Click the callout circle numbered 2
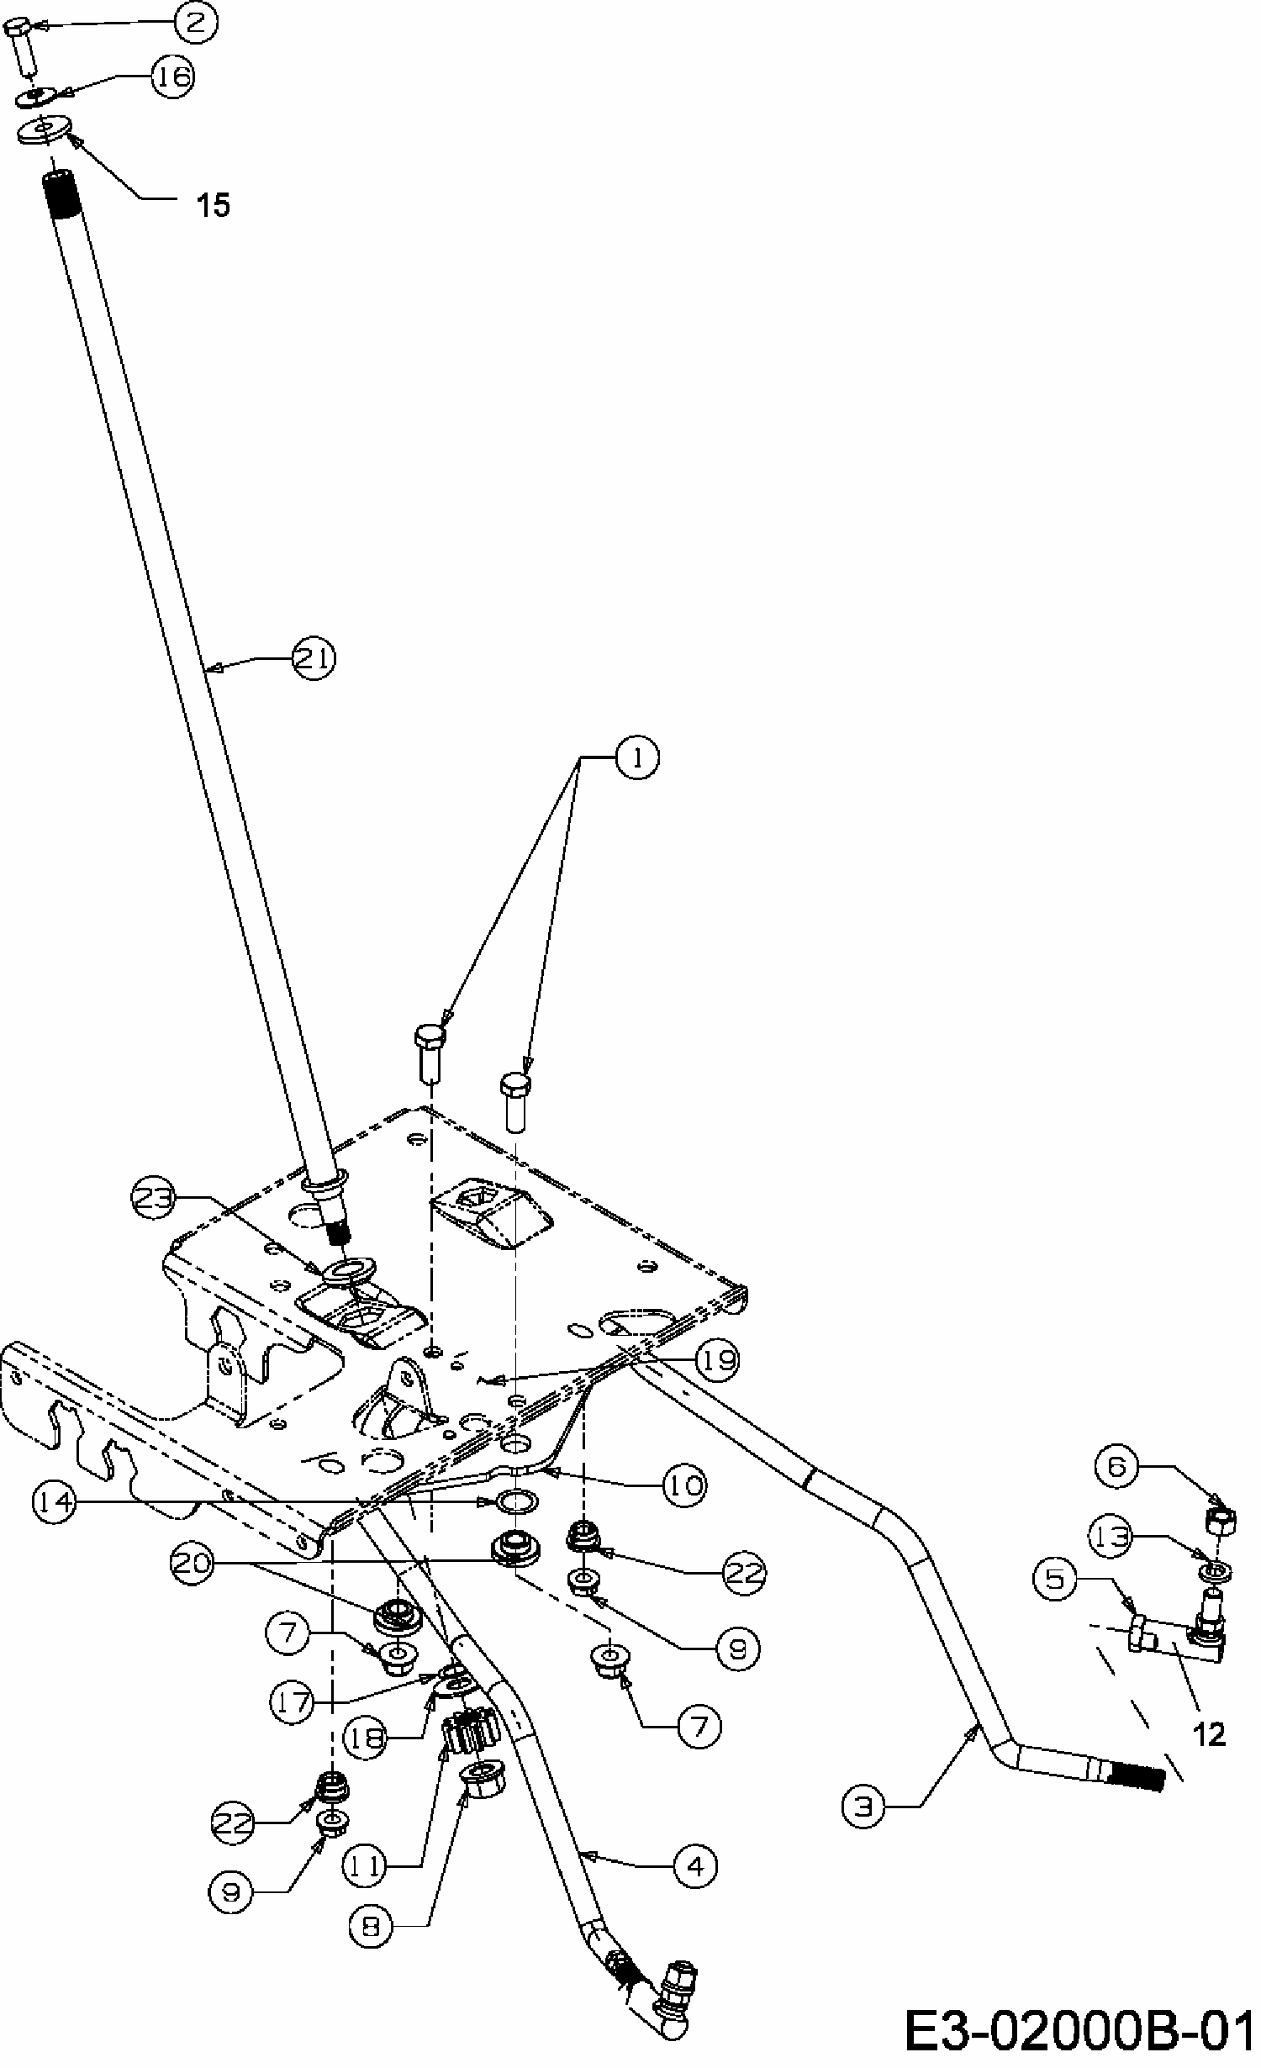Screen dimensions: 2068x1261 coord(196,23)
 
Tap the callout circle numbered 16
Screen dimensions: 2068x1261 coord(173,77)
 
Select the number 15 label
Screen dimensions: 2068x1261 coord(214,204)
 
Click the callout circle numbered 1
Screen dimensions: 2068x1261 coord(637,759)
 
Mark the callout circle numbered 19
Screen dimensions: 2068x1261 coord(717,1358)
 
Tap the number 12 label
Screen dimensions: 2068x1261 coord(1210,1733)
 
